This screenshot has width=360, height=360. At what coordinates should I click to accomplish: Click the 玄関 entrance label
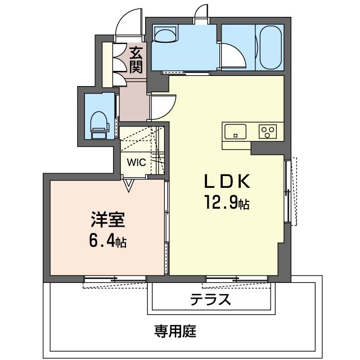[x=136, y=60]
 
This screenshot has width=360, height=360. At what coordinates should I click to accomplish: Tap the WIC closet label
[x=136, y=163]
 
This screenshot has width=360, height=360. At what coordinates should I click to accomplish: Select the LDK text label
[x=227, y=181]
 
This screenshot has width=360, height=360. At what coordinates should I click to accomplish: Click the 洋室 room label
[x=108, y=220]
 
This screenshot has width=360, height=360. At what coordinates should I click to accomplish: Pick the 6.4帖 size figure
[x=107, y=241]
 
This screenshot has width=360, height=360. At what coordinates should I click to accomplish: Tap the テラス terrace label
[x=210, y=300]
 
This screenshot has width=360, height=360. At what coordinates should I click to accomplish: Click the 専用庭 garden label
[x=175, y=331]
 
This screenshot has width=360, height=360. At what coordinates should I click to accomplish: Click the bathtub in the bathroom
[x=271, y=47]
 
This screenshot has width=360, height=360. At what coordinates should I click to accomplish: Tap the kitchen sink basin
[x=235, y=132]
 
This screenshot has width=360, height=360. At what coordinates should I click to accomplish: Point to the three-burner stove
[x=268, y=132]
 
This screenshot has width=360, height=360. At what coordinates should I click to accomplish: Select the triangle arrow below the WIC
[x=128, y=185]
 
